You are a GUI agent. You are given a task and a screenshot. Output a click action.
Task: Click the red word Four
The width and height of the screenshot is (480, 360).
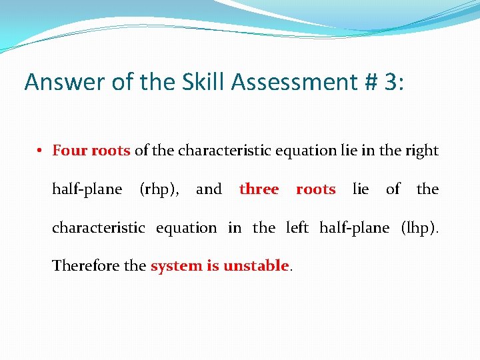(x=69, y=151)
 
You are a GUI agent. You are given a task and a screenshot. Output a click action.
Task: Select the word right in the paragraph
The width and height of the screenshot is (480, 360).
(x=421, y=151)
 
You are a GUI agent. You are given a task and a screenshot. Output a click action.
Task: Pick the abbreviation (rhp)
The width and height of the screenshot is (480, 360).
(x=159, y=189)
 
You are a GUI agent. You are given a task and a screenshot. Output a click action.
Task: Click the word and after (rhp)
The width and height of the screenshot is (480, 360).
(x=209, y=189)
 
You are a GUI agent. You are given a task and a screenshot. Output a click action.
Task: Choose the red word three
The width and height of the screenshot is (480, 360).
(x=259, y=189)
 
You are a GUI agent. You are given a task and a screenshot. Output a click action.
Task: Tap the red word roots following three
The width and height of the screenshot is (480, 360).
(x=315, y=189)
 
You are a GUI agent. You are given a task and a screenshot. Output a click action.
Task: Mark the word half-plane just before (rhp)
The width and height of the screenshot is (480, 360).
(x=87, y=189)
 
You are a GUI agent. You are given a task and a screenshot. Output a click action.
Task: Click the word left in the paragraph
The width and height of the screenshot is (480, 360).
(x=297, y=228)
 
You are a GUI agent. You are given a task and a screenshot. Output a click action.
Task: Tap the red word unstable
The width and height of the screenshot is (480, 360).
(x=256, y=266)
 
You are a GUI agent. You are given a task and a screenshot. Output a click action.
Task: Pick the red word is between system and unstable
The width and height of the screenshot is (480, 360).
(x=212, y=266)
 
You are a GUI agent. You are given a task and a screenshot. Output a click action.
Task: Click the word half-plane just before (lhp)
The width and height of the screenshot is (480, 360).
(x=354, y=228)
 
